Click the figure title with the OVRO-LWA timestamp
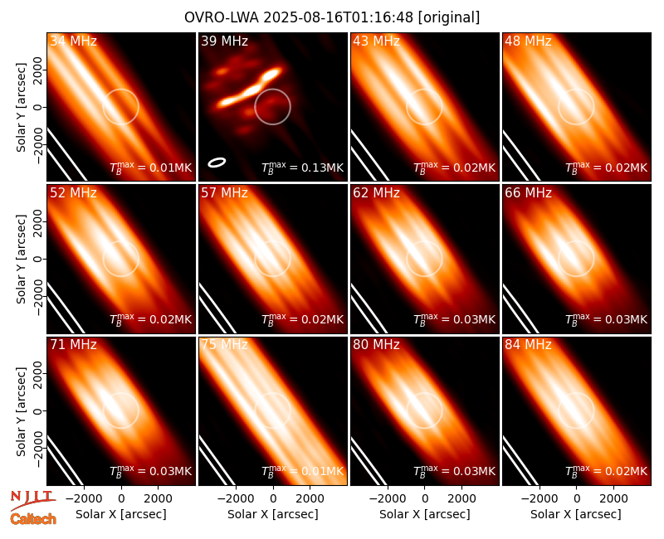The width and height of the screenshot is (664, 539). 332,17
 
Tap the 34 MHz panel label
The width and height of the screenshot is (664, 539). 73,41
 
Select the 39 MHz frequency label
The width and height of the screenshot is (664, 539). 224,41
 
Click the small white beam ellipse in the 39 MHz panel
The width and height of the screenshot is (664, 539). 217,162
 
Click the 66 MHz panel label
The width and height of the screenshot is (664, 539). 528,193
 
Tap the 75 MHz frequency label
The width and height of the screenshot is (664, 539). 224,344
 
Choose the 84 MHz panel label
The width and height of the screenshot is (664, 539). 528,344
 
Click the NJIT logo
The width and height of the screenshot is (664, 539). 32,500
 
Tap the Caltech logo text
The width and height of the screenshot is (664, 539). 33,519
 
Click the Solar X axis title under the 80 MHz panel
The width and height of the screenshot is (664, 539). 425,514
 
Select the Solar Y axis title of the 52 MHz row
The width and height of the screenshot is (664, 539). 22,259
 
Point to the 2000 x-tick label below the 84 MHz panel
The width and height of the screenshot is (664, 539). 613,498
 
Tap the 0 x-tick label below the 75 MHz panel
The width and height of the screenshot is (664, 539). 273,498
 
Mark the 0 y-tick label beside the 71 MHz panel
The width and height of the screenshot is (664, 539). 37,410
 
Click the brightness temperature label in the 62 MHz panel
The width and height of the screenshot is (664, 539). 454,319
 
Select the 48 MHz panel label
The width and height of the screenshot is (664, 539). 528,41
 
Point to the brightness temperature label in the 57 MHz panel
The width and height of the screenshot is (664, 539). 302,319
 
